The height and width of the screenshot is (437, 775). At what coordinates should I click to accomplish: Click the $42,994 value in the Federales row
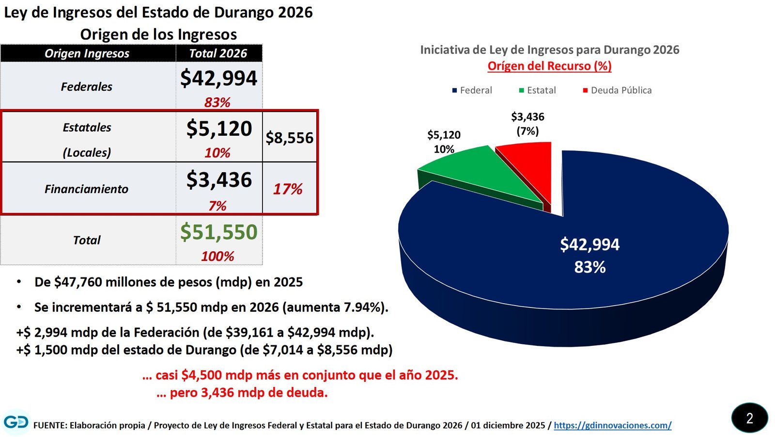(x=218, y=78)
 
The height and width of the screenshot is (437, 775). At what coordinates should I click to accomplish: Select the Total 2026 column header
(x=218, y=53)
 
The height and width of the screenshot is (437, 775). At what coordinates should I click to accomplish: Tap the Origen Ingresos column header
(x=87, y=53)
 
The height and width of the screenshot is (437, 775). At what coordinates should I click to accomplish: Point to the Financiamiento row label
(x=86, y=189)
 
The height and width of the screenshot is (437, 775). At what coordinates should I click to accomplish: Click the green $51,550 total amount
(x=218, y=232)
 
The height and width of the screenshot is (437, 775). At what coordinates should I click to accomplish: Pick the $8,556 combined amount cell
(x=290, y=138)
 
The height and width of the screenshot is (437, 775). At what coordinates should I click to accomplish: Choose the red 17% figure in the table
(x=288, y=189)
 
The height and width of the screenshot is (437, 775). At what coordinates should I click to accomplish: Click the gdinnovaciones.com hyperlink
(x=612, y=425)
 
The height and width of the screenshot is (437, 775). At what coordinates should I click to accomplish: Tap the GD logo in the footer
(x=15, y=422)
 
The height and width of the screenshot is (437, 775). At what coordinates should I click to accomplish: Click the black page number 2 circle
(x=749, y=418)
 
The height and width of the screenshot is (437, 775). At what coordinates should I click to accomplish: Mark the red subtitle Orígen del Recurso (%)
(x=549, y=66)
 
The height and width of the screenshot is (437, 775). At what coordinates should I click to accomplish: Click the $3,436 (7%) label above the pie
(x=527, y=124)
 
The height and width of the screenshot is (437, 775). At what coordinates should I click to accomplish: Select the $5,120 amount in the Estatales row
(x=219, y=129)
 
